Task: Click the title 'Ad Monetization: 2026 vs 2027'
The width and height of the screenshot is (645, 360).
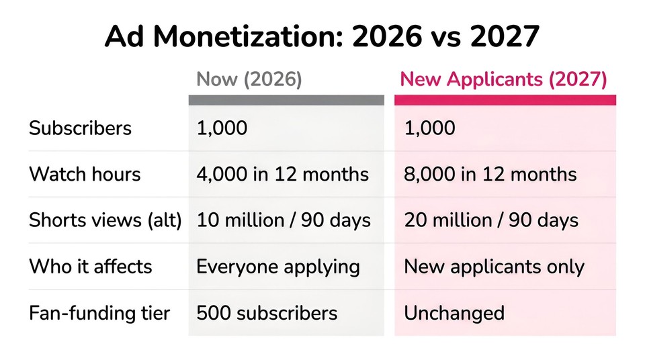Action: [322, 36]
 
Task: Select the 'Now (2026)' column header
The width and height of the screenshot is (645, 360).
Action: [249, 79]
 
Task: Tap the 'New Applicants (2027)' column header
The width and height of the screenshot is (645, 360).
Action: [503, 79]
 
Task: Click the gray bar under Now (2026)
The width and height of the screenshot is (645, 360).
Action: [286, 100]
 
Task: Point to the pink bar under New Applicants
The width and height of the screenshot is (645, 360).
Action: [505, 100]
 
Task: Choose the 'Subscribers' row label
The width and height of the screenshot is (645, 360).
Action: [80, 128]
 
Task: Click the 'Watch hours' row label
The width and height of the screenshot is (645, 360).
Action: [85, 174]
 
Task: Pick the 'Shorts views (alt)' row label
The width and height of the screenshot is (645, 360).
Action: [105, 220]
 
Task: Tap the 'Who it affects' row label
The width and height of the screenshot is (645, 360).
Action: [91, 266]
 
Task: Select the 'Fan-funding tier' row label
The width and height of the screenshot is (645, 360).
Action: [99, 313]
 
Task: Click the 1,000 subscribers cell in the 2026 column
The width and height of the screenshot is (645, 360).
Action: [222, 128]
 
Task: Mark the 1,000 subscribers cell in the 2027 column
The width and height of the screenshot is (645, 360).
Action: [429, 128]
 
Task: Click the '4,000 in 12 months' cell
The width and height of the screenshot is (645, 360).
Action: [283, 174]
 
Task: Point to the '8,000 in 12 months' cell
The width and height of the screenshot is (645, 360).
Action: [490, 174]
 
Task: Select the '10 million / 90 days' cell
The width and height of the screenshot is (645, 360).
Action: [284, 220]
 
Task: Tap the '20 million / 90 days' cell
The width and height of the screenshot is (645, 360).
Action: [491, 220]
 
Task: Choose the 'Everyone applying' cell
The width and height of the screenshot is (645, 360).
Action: [278, 267]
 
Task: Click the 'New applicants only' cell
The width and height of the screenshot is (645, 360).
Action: [494, 267]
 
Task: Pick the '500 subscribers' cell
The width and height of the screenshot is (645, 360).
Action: [267, 313]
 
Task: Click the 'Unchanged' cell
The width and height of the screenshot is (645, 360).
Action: [454, 313]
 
